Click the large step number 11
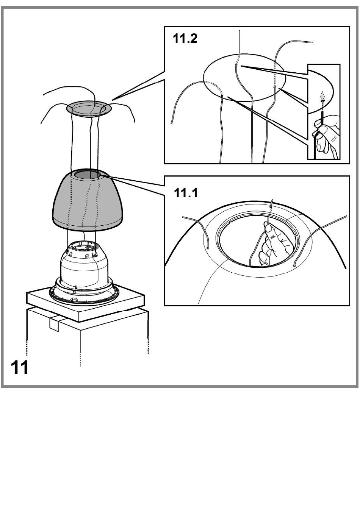coord(19,368)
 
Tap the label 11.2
coord(185,39)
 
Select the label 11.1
coord(186,193)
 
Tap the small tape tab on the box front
coord(54,323)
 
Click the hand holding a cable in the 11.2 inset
coord(327,135)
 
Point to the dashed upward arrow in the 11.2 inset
coord(322,100)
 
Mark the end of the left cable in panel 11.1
coord(208,248)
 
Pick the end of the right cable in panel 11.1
coord(294,265)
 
